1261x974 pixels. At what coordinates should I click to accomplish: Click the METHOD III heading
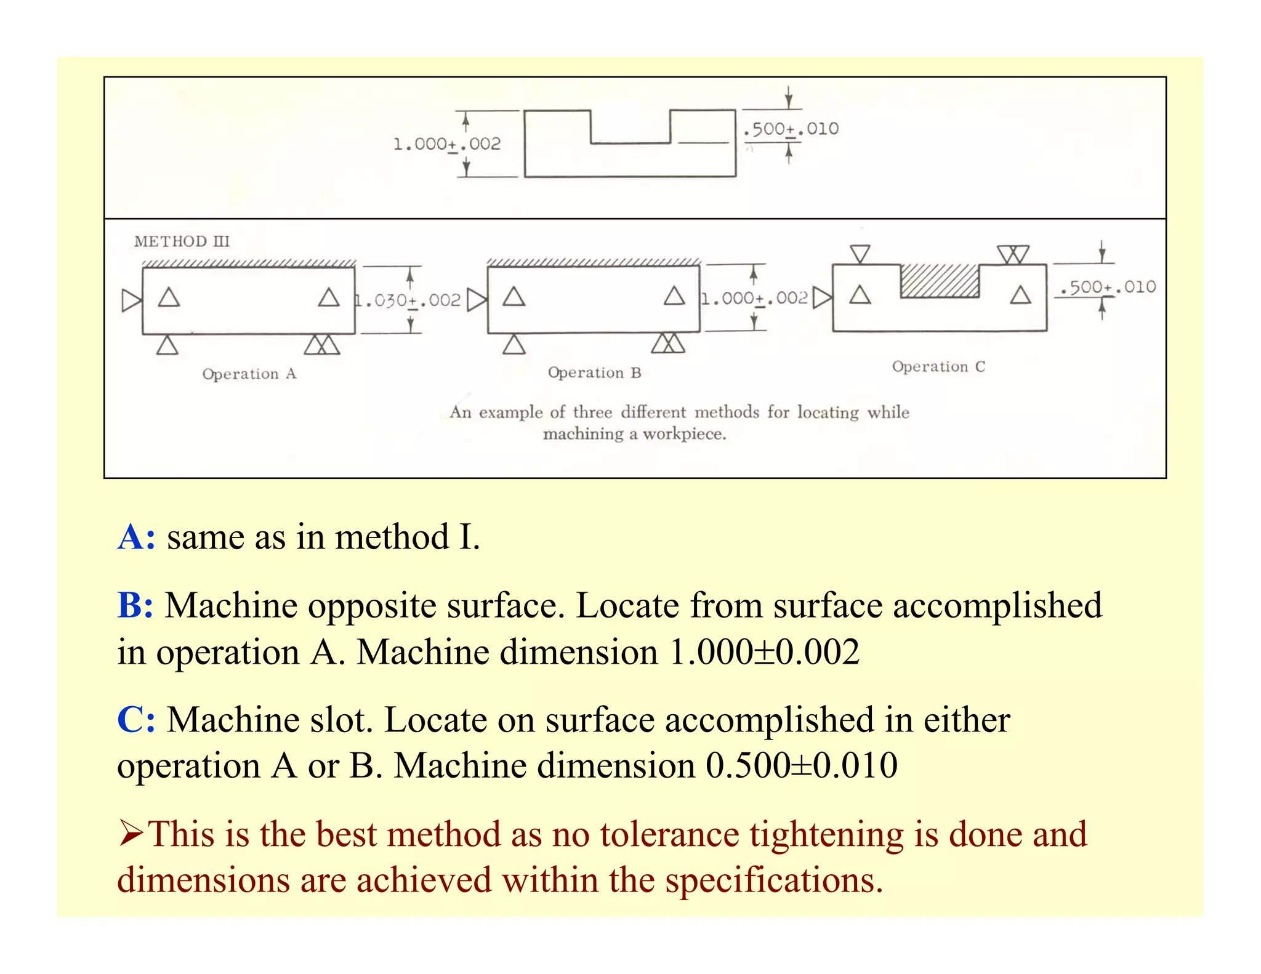click(182, 241)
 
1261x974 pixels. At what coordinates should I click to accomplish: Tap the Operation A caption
click(249, 374)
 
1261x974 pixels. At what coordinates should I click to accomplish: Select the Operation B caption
click(594, 372)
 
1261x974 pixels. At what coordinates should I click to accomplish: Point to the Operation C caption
click(938, 367)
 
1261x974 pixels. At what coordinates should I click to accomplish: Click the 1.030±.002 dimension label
click(408, 300)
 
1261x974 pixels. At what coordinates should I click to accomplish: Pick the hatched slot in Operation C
click(939, 281)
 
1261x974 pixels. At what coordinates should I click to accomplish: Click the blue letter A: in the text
click(136, 537)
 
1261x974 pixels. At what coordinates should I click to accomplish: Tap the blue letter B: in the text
click(135, 605)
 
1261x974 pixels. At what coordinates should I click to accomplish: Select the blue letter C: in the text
click(136, 719)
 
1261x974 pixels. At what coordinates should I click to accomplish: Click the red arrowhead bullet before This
click(131, 834)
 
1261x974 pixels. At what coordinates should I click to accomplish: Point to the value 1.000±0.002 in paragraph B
click(764, 652)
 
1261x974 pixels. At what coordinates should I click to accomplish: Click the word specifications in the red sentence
click(773, 880)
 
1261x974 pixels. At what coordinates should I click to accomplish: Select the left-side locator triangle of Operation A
click(131, 300)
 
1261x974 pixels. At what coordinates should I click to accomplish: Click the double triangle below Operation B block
click(668, 344)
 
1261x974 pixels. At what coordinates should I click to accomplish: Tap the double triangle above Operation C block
click(1013, 254)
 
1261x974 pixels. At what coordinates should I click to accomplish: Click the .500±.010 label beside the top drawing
click(791, 129)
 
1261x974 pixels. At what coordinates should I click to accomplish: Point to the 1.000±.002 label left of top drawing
click(447, 144)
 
